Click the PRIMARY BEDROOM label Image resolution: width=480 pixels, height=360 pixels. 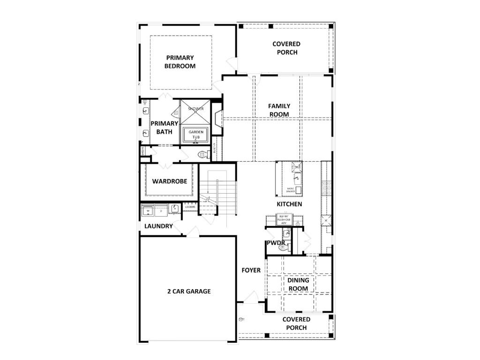[180, 62]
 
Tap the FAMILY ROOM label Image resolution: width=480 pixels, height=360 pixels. [279, 110]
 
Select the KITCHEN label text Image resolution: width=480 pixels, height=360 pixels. [289, 204]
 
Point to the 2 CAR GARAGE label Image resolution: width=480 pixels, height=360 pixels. [189, 291]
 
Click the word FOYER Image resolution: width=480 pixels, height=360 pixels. [251, 270]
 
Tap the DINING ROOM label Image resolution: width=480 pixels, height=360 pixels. [298, 284]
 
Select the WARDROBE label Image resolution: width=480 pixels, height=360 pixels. [170, 181]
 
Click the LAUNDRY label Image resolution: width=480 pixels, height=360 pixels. [158, 226]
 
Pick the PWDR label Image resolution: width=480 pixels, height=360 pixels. [276, 243]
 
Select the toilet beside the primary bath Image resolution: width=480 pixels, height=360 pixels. [203, 154]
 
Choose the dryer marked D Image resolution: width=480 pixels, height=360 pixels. [161, 211]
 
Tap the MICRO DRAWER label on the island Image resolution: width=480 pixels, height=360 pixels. [291, 190]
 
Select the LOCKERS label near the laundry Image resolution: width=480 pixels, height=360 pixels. [190, 207]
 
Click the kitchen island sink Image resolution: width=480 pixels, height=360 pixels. [295, 178]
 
